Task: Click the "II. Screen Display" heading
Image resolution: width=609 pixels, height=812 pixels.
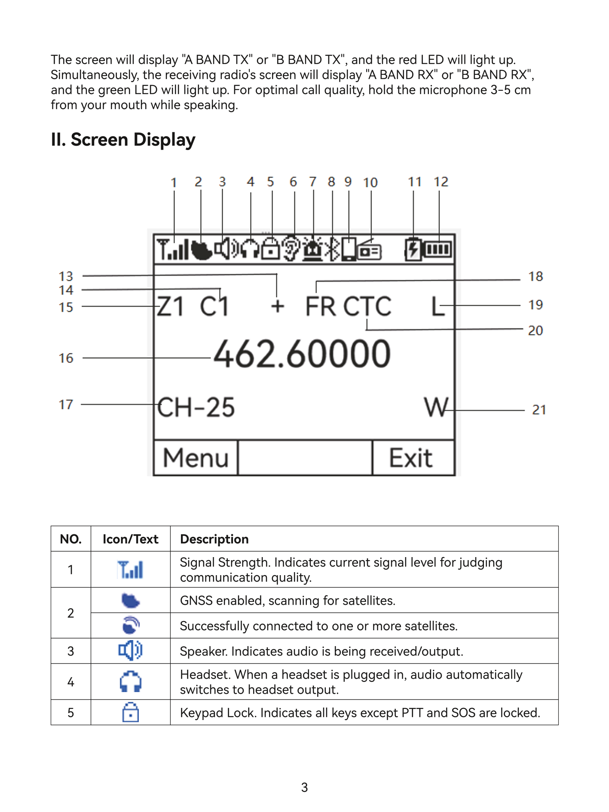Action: tap(123, 140)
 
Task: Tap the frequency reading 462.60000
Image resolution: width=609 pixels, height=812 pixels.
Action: tap(302, 354)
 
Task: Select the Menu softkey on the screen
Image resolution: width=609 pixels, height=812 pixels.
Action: tap(196, 458)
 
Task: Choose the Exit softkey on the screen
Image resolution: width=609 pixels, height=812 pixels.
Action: tap(410, 458)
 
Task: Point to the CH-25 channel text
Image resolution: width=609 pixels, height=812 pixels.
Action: tap(196, 408)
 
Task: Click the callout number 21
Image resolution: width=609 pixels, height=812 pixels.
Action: tap(539, 410)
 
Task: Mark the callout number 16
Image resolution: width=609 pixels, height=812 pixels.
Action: tap(66, 358)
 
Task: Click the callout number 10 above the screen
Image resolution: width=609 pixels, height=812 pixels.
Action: tap(370, 183)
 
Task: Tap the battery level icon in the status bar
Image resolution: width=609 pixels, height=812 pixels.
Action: tap(438, 250)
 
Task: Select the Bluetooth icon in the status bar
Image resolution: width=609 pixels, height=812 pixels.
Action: tap(332, 249)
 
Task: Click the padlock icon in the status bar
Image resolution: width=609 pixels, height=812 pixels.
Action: tap(271, 249)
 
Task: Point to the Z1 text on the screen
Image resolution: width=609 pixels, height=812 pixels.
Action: tap(171, 307)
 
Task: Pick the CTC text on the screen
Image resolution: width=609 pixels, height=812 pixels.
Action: tap(367, 307)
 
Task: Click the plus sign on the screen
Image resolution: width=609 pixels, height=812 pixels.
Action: tap(278, 307)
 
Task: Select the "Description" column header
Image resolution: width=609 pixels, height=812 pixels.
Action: tap(214, 539)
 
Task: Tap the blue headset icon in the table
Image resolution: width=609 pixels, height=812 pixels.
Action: tap(131, 682)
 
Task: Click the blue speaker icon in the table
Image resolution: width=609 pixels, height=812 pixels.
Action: tap(130, 651)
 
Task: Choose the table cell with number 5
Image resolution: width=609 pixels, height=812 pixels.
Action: tap(71, 713)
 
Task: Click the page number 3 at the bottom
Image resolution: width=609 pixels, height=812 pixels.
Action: tap(304, 787)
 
